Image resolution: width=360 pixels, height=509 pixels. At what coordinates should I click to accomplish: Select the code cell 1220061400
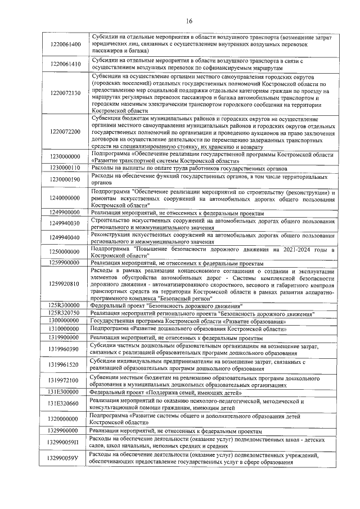65,44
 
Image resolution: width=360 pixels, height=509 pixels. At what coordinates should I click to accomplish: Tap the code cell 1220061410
65,64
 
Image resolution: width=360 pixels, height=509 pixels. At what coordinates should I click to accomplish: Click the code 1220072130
65,93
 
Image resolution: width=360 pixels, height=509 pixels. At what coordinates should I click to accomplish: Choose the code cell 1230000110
65,168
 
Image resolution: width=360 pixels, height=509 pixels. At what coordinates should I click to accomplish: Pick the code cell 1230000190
65,179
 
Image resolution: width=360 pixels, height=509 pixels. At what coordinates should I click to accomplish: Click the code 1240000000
65,199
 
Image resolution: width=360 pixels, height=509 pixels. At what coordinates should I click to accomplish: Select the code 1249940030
65,223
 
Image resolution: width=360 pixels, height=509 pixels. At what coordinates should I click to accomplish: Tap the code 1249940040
65,237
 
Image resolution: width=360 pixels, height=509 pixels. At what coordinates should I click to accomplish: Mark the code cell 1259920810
65,284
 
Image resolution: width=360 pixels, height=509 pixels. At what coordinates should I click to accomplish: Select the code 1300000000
65,321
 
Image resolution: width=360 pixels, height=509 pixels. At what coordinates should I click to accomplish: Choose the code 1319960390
65,349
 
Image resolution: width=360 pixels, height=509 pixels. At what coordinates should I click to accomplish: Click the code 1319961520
65,364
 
